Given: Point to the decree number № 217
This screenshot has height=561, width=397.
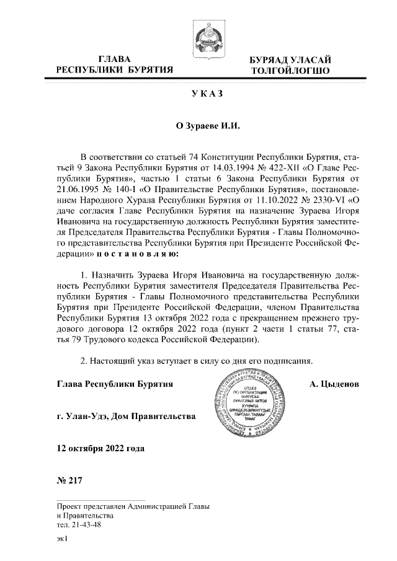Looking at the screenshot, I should click(69, 480).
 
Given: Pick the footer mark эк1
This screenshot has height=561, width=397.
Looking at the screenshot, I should click(61, 540).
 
